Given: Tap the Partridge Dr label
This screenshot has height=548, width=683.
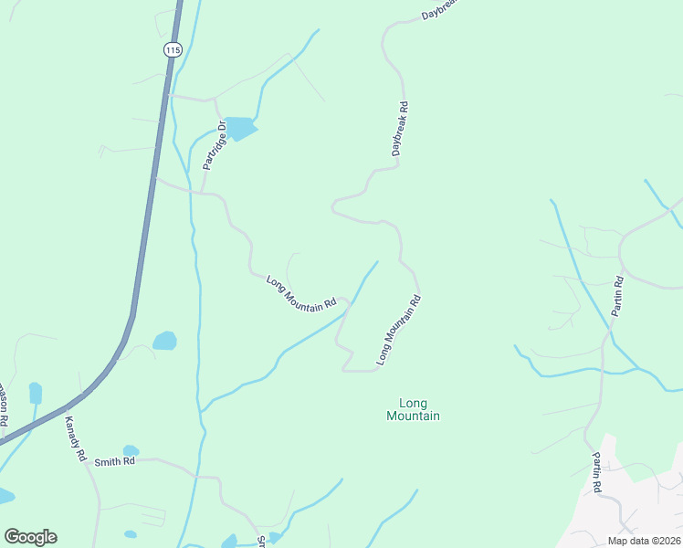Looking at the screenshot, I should [x=208, y=146].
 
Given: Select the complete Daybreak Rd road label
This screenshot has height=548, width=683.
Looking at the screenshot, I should [x=400, y=129].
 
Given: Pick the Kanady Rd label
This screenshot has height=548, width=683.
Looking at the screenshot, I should [x=75, y=438].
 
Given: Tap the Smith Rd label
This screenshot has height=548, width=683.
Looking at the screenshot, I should [x=114, y=461].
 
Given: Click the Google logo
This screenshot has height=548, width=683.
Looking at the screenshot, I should [x=30, y=537].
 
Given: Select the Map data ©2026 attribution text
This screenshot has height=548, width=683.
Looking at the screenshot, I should [x=643, y=541].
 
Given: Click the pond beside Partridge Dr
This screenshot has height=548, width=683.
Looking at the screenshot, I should [x=240, y=128].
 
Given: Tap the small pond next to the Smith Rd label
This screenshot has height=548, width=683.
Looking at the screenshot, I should [x=131, y=450].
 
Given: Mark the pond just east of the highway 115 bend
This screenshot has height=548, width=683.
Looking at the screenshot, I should [x=165, y=341].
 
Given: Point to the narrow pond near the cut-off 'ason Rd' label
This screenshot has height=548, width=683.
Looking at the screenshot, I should [x=36, y=393].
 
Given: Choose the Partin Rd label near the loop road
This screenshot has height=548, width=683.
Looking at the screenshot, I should [x=617, y=295].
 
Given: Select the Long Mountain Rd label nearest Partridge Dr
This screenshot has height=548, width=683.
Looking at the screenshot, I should [x=301, y=290].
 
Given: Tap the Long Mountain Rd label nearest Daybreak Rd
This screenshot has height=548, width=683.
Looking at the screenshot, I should [x=399, y=330].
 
